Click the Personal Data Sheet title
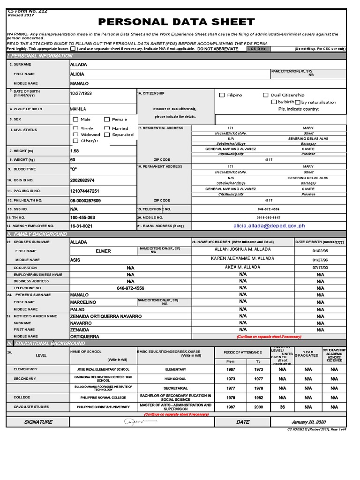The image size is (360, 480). point(176,22)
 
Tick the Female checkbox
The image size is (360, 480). point(107,120)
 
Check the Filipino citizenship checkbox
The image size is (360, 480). point(222,95)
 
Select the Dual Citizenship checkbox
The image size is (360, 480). point(266,95)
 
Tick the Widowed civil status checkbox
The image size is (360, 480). point(75,135)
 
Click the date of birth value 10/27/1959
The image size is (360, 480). point(81,94)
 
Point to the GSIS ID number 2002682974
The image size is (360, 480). point(82,180)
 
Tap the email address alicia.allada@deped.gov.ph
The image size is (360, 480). point(269,226)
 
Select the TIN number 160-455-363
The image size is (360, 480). point(82,217)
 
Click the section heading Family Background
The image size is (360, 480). point(37,234)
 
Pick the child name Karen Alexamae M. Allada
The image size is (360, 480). point(243,259)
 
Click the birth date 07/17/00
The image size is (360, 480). point(320,267)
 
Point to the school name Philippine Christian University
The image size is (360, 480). point(103,407)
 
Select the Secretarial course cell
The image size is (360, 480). point(175,388)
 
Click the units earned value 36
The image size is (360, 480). point(282,407)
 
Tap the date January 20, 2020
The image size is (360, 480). point(308,422)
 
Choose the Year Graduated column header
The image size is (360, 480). point(308,353)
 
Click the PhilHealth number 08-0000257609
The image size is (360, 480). point(85,201)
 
